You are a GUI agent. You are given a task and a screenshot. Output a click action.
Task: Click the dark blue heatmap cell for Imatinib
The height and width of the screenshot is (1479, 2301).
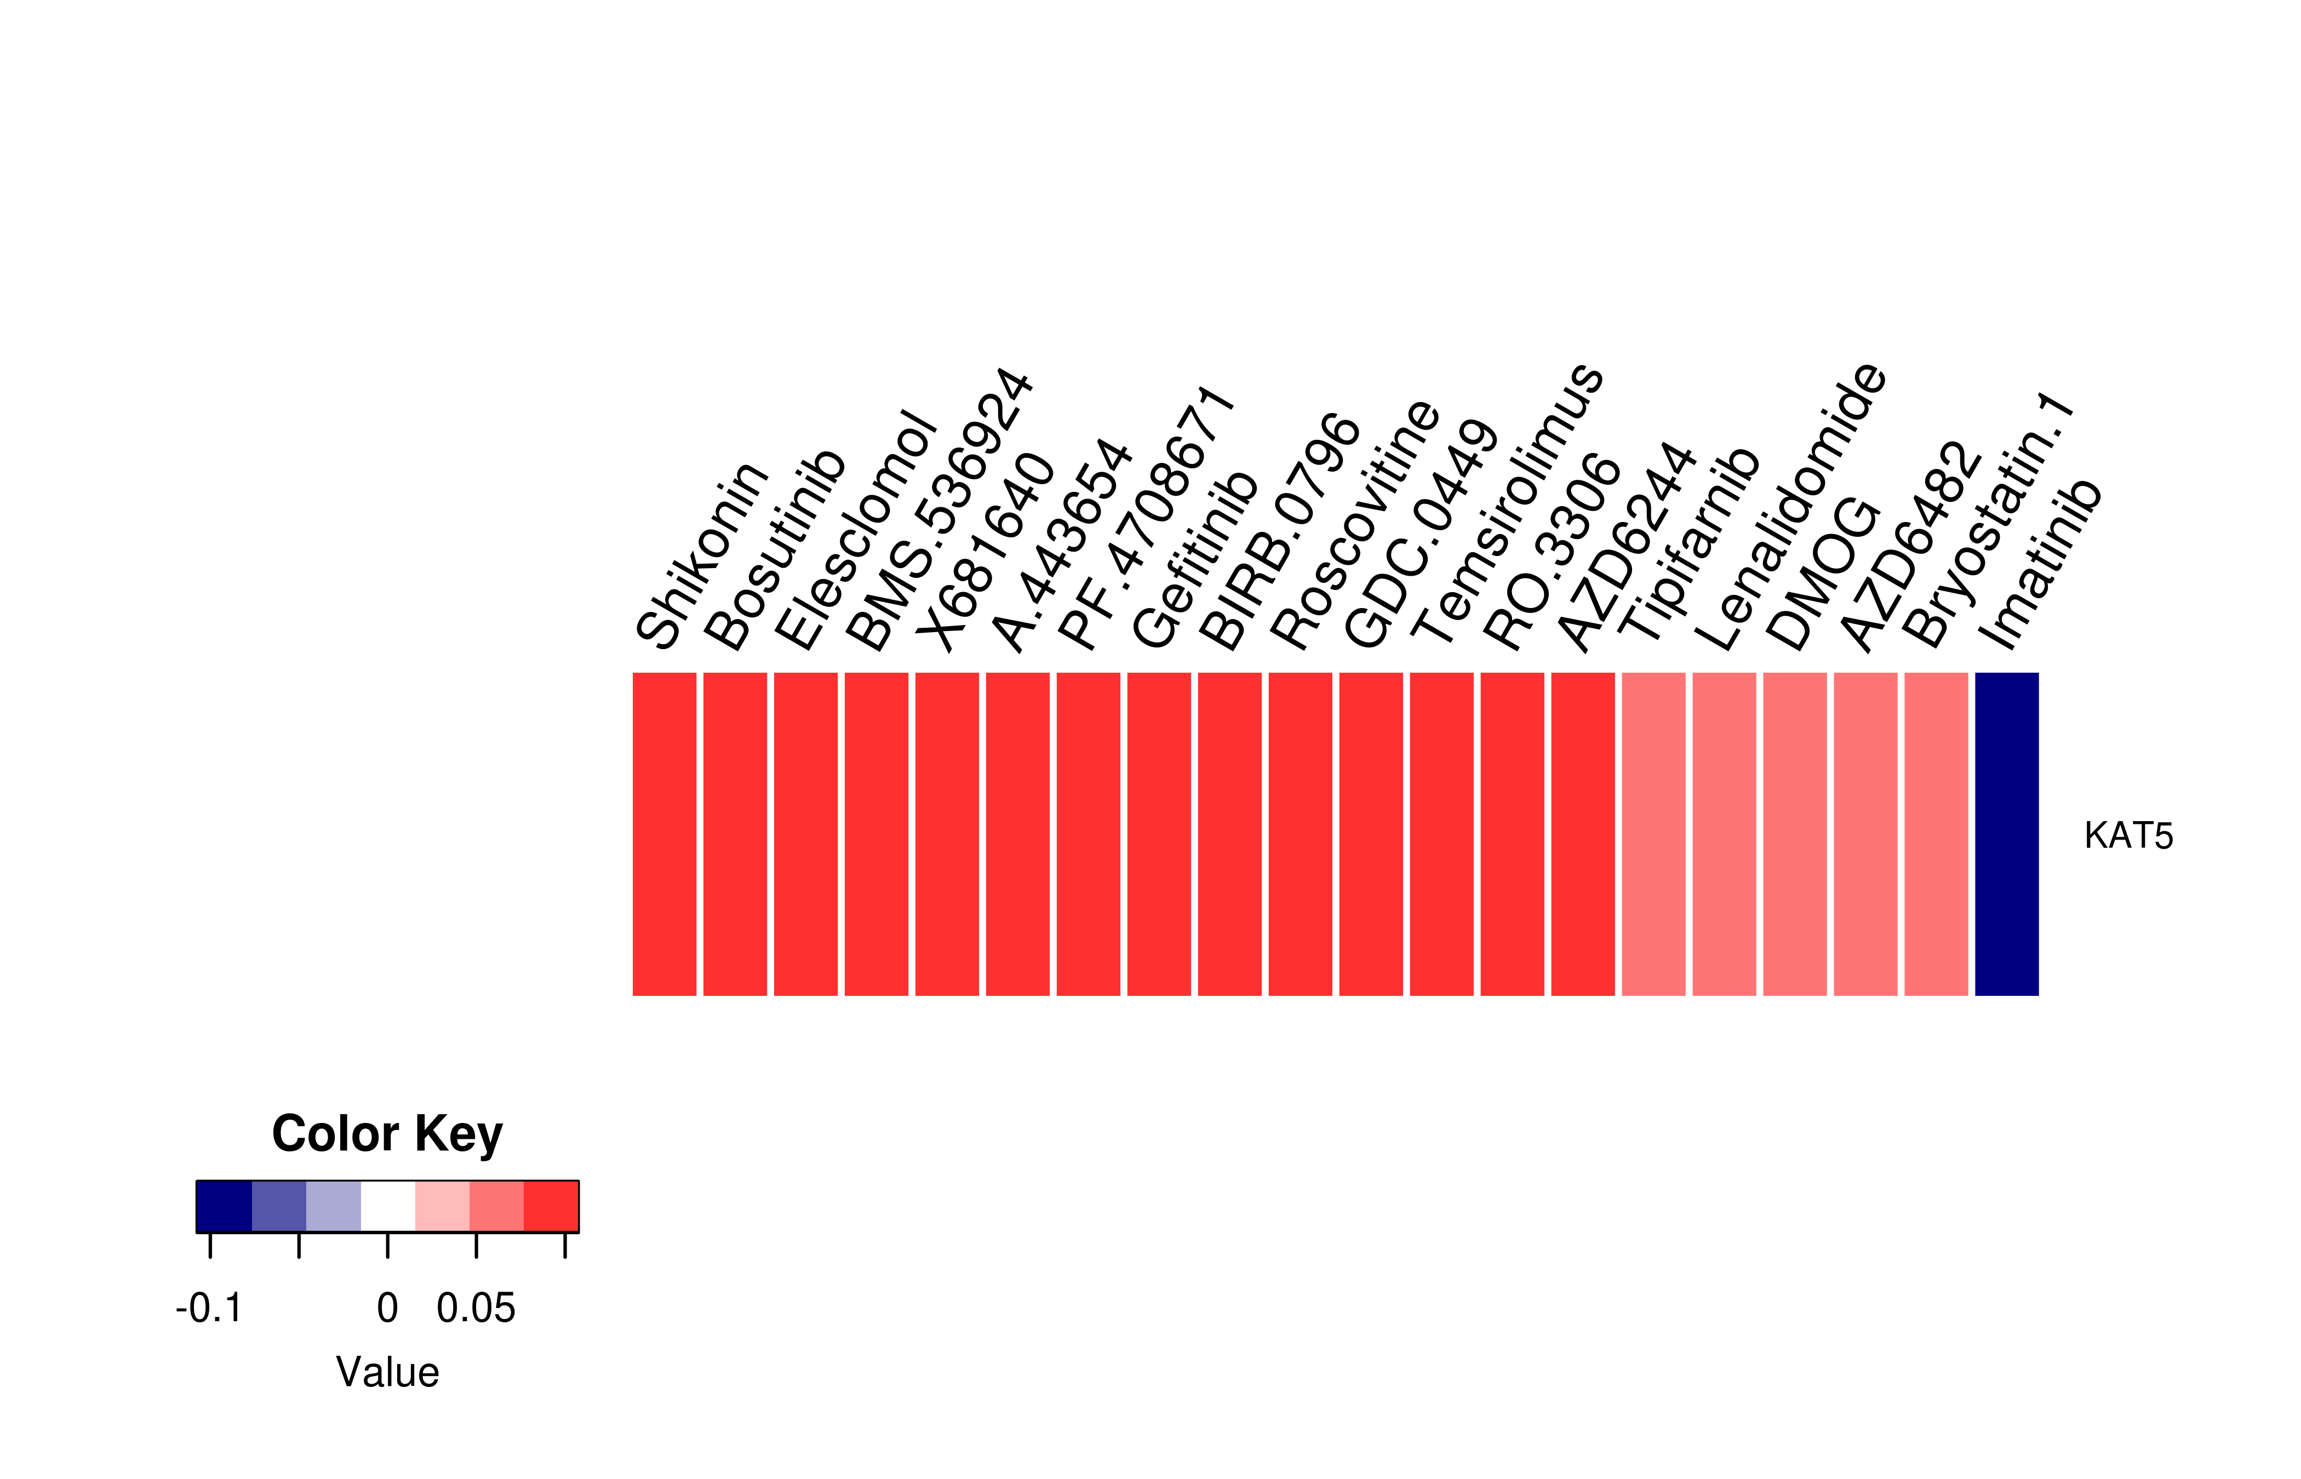pos(2006,834)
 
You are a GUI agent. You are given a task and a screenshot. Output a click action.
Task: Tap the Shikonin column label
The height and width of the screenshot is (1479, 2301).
pos(702,554)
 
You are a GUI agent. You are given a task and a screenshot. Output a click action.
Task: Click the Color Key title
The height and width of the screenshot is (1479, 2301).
pos(387,1134)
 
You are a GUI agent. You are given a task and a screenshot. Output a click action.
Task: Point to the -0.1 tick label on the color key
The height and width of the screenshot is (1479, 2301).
pos(209,1308)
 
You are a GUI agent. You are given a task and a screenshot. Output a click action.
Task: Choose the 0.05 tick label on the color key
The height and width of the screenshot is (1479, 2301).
pos(476,1308)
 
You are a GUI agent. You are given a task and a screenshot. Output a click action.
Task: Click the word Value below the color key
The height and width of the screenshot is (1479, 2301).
pos(387,1372)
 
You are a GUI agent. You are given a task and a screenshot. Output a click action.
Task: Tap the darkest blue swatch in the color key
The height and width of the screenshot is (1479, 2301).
pos(224,1206)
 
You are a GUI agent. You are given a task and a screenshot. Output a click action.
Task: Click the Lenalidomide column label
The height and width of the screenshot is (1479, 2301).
pos(1790,506)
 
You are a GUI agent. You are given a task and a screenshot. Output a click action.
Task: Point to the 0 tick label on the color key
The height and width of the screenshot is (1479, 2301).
pos(387,1308)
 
